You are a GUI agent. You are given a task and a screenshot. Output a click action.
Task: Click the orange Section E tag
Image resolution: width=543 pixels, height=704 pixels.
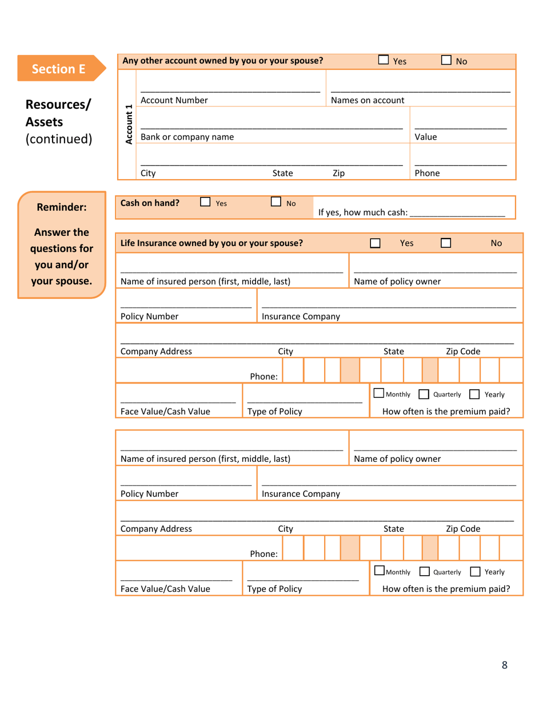[x=59, y=69]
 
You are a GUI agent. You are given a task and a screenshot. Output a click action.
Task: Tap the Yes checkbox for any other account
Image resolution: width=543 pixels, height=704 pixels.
[x=384, y=60]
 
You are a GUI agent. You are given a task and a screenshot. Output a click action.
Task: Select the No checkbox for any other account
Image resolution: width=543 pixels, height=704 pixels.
[x=446, y=60]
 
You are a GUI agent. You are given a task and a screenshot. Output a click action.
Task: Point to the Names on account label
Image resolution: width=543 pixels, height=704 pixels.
[x=368, y=100]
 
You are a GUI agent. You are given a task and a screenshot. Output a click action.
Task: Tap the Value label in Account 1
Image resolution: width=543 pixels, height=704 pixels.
[x=425, y=137]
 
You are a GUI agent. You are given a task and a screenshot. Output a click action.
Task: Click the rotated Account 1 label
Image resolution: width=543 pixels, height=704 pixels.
[x=129, y=124]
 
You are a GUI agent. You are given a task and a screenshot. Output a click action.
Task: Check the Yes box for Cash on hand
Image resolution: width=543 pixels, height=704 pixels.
[x=205, y=202]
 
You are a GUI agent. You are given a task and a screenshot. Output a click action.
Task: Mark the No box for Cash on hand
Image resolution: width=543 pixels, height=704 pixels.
[x=276, y=202]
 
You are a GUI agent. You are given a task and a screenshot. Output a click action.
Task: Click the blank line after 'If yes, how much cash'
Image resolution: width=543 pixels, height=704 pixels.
[x=457, y=212]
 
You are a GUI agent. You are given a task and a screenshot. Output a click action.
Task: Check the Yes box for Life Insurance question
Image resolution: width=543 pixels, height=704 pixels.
[x=376, y=243]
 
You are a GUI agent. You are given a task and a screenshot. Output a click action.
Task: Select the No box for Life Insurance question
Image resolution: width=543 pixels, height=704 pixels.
[x=446, y=243]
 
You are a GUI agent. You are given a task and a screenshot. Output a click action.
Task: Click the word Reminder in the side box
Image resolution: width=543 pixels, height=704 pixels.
[x=61, y=207]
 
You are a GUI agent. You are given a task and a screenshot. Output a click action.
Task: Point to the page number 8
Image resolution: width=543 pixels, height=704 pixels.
[x=504, y=665]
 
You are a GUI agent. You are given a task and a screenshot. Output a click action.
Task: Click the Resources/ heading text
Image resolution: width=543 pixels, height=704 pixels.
[x=58, y=105]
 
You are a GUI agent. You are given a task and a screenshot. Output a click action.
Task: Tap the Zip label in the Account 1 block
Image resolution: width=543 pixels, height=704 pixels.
[x=338, y=173]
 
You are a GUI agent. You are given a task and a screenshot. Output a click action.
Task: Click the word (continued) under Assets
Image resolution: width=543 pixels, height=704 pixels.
[x=59, y=139]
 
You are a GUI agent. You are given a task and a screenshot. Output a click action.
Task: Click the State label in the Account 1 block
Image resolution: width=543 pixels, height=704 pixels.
[x=282, y=173]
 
